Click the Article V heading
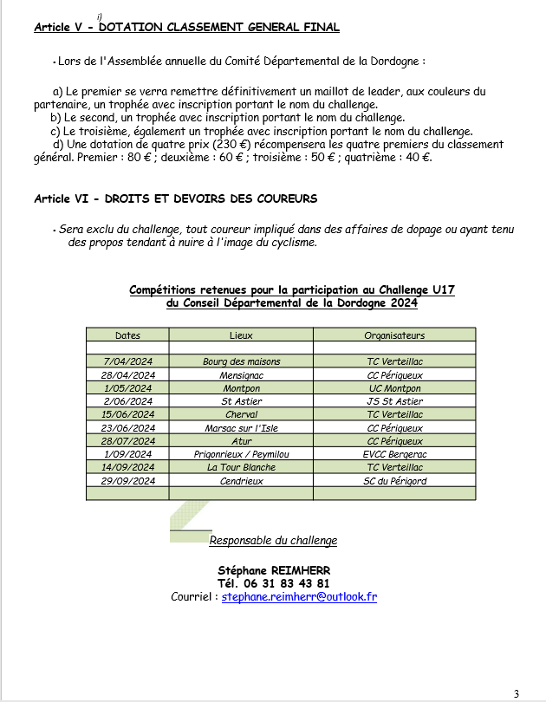[x=186, y=28]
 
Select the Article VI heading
[x=175, y=198]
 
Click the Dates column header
[x=127, y=335]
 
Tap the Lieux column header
[x=241, y=335]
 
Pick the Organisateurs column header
[x=394, y=335]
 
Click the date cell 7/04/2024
[x=127, y=361]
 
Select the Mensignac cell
[x=241, y=375]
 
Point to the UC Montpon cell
[x=394, y=388]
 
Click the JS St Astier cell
[x=394, y=401]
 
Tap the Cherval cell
[x=241, y=414]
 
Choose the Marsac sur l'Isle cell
[x=241, y=428]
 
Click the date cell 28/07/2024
[x=127, y=441]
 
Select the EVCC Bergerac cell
[x=394, y=454]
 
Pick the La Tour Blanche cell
[x=241, y=467]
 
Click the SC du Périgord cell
[x=394, y=481]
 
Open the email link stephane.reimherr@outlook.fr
[x=299, y=597]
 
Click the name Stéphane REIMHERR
[x=274, y=570]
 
